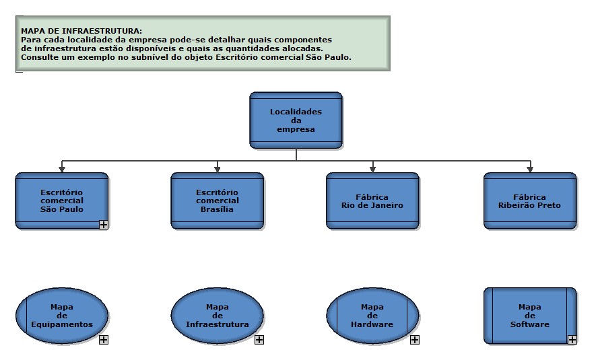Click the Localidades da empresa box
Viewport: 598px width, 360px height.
tap(296, 120)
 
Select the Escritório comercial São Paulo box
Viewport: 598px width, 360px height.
tap(62, 201)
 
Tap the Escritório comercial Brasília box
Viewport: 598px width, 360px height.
tap(218, 201)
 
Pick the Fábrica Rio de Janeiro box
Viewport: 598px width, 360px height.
tap(372, 201)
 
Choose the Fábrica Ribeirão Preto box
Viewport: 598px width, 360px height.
tap(530, 201)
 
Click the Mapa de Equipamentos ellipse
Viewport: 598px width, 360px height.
tap(62, 316)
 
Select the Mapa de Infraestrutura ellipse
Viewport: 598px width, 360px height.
tap(218, 316)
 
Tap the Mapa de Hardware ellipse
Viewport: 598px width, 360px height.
tap(372, 316)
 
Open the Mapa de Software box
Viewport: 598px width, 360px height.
tap(530, 316)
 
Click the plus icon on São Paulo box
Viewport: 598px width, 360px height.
tap(104, 225)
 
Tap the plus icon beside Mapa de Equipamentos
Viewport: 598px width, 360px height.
tap(104, 340)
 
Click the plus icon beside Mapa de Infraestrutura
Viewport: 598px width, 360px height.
tap(259, 340)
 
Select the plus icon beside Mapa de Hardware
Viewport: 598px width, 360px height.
tap(415, 340)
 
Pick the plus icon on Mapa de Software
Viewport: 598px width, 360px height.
tap(572, 340)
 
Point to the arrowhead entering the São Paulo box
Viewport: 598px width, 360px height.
tap(62, 170)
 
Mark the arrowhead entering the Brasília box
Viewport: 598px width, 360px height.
tap(218, 170)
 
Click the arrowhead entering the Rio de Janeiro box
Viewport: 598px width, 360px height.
tap(372, 170)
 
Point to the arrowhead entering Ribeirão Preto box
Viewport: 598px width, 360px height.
tap(530, 170)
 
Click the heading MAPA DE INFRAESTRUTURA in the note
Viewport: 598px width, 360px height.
tap(81, 31)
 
